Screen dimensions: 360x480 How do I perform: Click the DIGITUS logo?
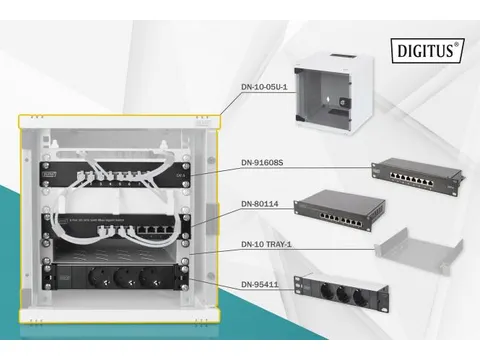(430, 49)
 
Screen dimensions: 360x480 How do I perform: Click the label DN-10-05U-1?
(265, 87)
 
